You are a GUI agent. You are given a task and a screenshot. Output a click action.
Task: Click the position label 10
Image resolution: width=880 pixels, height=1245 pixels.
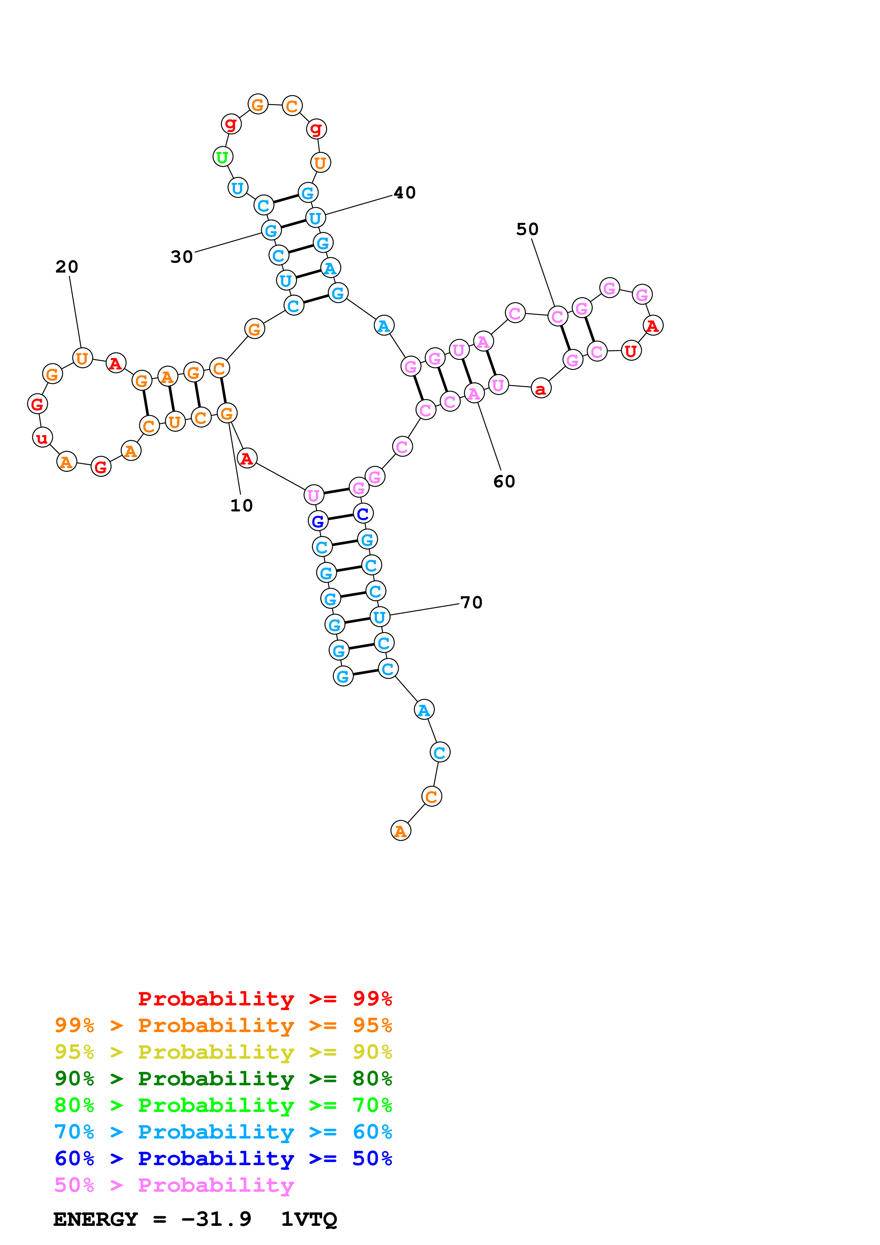click(x=241, y=505)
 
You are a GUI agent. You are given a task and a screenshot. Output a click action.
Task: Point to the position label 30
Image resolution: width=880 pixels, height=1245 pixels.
click(x=182, y=257)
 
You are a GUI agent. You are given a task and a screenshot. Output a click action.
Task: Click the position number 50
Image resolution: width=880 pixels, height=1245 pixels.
click(x=527, y=229)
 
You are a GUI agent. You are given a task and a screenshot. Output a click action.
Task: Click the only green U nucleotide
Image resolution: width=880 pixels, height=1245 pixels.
click(x=222, y=157)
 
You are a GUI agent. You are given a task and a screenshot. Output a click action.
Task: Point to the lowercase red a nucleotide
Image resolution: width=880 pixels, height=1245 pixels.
click(x=541, y=388)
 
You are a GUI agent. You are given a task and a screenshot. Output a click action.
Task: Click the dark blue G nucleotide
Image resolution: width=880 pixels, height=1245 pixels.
click(x=318, y=521)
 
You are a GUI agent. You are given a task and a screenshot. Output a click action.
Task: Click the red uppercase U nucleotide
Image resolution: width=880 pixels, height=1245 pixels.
click(x=630, y=351)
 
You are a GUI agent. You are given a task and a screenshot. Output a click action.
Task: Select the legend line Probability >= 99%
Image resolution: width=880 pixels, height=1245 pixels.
click(x=264, y=998)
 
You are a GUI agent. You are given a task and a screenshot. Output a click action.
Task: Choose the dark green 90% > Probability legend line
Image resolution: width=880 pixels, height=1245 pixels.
click(x=223, y=1079)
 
